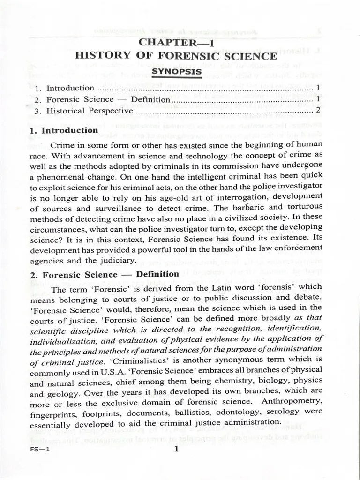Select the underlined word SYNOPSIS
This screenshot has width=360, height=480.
point(176,72)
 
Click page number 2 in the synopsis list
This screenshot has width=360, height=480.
point(318,111)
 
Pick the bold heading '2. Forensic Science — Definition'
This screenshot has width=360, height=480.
point(104,274)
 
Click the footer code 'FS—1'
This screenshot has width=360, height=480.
point(39,450)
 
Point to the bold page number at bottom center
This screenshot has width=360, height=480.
point(176,449)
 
